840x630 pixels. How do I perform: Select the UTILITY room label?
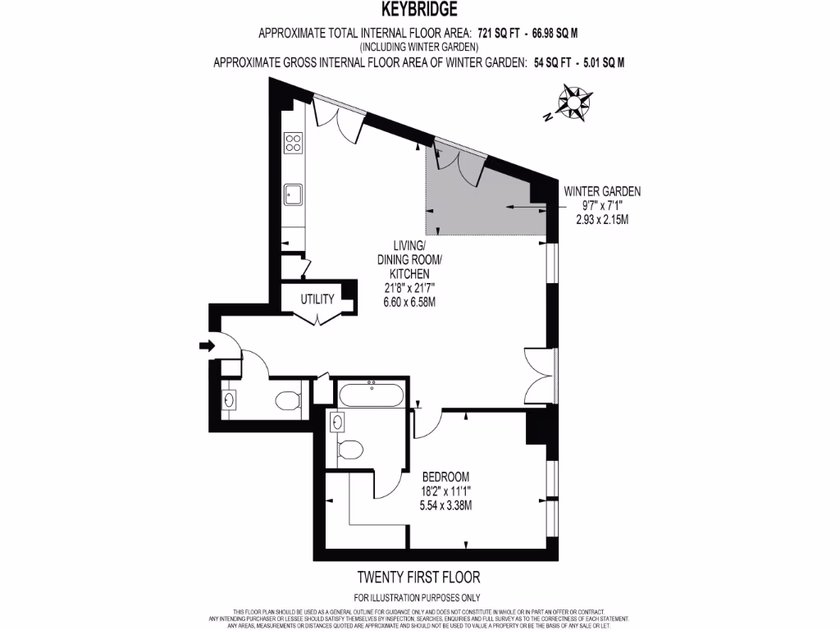(317, 299)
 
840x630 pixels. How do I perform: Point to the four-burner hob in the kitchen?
(293, 144)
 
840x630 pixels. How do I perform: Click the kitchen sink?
(293, 194)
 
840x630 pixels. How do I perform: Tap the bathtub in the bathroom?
(371, 396)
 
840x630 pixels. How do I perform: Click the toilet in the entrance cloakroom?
(286, 401)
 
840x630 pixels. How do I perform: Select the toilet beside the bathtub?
(350, 449)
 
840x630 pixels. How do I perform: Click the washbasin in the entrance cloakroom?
(229, 400)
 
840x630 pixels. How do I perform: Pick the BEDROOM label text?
(445, 477)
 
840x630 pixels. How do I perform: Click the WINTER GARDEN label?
(602, 191)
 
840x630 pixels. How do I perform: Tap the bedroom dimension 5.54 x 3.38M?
(445, 505)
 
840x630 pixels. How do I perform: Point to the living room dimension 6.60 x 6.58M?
(410, 302)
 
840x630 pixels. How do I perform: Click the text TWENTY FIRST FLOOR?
(418, 577)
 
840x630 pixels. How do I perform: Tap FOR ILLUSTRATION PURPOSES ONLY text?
(418, 597)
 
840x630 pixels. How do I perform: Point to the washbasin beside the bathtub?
(338, 422)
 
